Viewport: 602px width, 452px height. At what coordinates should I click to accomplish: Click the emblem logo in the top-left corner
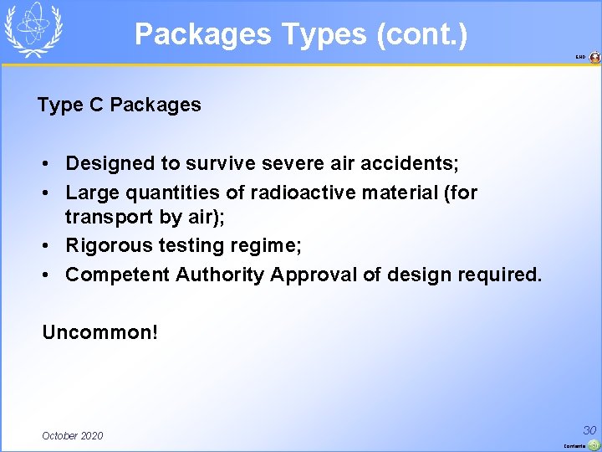[33, 29]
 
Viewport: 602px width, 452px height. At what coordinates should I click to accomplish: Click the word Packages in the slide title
[203, 34]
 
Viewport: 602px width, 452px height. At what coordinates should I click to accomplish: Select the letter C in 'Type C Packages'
[95, 105]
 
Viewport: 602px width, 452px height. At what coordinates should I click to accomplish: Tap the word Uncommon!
[100, 332]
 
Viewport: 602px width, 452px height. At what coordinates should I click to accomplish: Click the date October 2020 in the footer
[73, 435]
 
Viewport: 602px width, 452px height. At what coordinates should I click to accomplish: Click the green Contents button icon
[593, 444]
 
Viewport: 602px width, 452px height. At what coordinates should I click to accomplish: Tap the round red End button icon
[594, 58]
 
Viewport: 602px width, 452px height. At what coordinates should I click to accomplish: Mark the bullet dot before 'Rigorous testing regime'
[48, 246]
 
